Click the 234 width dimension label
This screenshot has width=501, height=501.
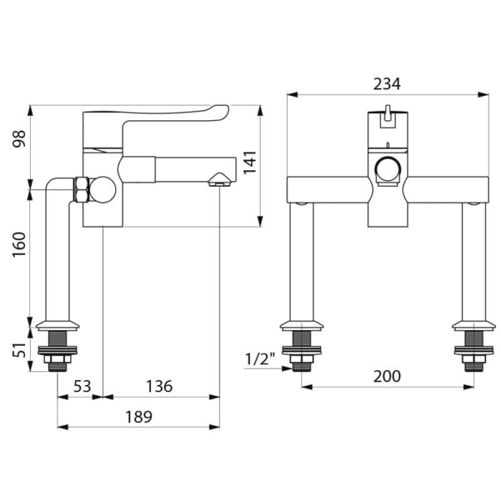pos(386,84)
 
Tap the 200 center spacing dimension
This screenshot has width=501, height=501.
pos(386,376)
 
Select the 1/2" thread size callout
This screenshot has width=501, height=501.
pos(260,359)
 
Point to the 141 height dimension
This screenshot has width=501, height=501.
pos(250,162)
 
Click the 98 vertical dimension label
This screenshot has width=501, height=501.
pos(19,139)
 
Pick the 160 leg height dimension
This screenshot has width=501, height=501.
pos(19,245)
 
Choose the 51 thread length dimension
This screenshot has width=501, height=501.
pos(19,351)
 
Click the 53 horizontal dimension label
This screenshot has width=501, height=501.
pos(82,386)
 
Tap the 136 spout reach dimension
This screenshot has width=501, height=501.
pos(159,386)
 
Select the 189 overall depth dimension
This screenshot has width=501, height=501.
pos(139,417)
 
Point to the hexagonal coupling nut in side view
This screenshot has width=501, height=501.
pos(82,189)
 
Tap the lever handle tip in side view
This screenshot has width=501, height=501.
pos(225,110)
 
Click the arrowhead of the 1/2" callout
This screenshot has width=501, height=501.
pos(286,369)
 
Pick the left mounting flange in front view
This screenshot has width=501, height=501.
pos(301,325)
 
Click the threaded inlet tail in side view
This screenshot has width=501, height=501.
pos(57,351)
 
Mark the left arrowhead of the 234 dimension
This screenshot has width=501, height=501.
pos(292,94)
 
